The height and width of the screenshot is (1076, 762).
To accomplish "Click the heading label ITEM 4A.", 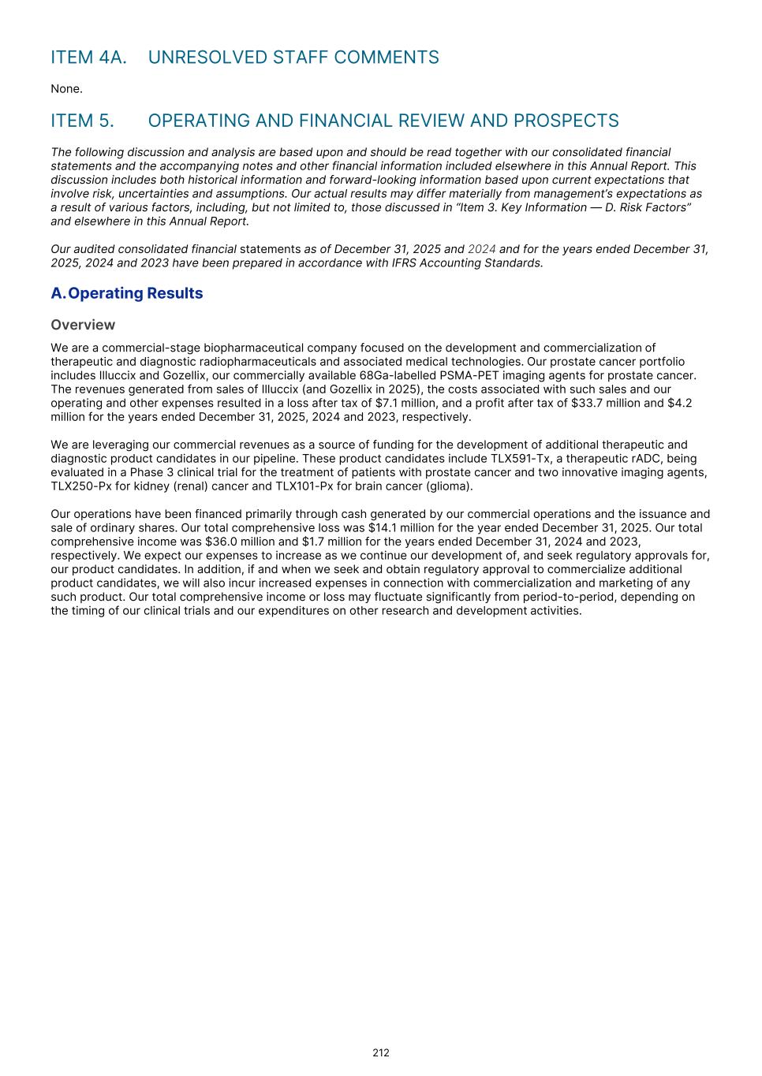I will [x=88, y=58].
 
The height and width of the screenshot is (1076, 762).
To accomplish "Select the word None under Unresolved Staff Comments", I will [x=66, y=89].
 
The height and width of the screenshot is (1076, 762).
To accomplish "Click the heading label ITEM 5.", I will [x=82, y=121].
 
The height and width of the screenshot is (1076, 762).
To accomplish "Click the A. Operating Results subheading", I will [x=126, y=293].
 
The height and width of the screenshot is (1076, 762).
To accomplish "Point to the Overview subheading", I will [x=83, y=325].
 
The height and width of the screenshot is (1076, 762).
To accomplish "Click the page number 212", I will [x=381, y=1052].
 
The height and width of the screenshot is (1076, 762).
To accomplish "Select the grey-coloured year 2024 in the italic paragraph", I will [x=482, y=249].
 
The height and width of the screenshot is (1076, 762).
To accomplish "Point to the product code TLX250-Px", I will [x=80, y=486].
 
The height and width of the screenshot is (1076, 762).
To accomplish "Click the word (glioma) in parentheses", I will [x=449, y=486].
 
